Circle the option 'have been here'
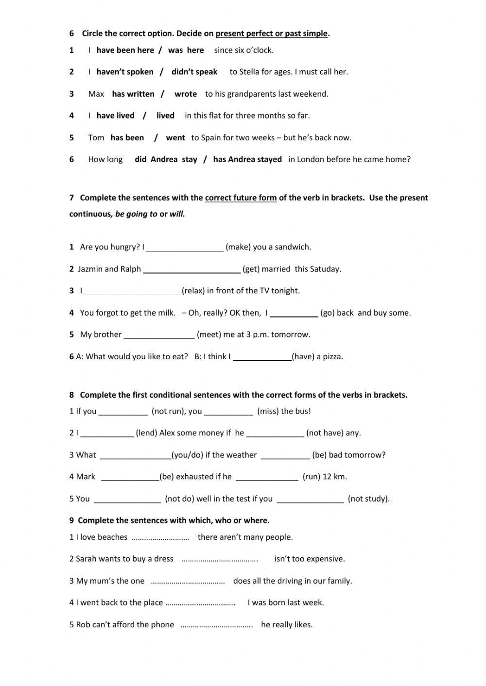pos(125,50)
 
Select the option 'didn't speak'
pos(194,72)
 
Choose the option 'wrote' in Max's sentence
pos(186,94)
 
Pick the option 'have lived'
pos(115,116)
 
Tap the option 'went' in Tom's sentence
pos(175,137)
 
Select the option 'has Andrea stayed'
pos(247,159)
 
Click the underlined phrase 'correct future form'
pos(241,198)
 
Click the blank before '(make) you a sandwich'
pos(185,248)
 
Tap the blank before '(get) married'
pos(192,269)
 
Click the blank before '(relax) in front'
pos(132,291)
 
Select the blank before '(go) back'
pos(294,313)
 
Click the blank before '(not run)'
pos(123,412)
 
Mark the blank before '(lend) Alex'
pos(107,434)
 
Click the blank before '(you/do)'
pos(135,455)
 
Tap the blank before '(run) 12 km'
pos(267,477)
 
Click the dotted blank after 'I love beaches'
pos(160,537)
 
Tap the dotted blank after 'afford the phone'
pos(217,625)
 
